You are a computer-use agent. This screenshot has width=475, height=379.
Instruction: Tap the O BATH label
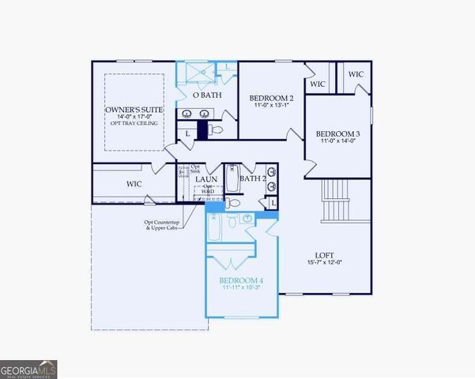point(207,96)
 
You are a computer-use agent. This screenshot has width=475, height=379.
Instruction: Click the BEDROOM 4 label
point(241,281)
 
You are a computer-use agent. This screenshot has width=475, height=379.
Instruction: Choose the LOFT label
point(324,254)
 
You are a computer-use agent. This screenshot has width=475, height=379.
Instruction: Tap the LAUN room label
point(207,179)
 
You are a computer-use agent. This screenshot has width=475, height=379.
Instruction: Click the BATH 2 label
point(253,179)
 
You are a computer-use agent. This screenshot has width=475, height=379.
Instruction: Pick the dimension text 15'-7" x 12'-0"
point(324,263)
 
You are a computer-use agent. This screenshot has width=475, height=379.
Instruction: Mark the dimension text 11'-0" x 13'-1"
point(272,104)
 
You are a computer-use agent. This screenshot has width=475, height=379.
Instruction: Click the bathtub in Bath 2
point(232,179)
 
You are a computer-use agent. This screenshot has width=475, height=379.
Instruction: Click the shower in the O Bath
point(194,73)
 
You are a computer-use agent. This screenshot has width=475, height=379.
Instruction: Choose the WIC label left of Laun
point(134,184)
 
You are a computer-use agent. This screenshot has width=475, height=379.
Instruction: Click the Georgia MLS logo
point(28,369)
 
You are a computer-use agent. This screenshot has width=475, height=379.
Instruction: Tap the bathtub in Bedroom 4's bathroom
point(214,227)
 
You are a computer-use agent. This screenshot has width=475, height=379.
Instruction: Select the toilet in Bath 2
point(233,203)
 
